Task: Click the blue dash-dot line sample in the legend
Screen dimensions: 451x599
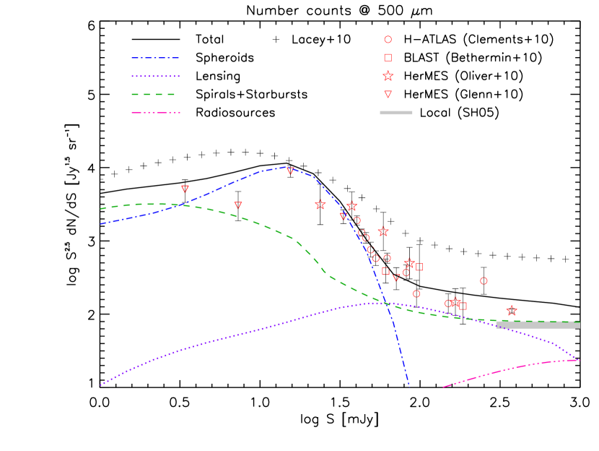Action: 154,58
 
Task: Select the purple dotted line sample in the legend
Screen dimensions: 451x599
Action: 155,76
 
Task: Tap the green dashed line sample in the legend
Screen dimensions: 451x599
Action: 153,94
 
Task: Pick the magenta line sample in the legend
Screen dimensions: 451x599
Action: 155,113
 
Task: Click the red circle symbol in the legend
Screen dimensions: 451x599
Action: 388,40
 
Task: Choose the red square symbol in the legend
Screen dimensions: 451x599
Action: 388,58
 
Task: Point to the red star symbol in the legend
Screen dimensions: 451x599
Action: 388,76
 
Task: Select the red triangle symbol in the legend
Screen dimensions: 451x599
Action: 388,94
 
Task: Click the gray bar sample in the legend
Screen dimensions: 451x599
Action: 396,113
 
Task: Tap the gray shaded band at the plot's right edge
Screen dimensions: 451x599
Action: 538,325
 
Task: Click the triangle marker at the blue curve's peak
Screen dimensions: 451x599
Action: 290,171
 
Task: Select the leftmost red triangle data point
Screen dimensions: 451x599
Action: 185,189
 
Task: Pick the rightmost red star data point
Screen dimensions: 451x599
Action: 512,311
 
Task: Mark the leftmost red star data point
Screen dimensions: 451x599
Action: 320,205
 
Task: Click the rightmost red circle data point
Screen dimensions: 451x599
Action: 484,281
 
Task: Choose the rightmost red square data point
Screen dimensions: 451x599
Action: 463,306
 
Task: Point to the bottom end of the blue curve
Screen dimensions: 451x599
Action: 408,384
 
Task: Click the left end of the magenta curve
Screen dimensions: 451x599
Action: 444,387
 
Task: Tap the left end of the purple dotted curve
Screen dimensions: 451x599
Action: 101,385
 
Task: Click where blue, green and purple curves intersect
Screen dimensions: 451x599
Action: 387,304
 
